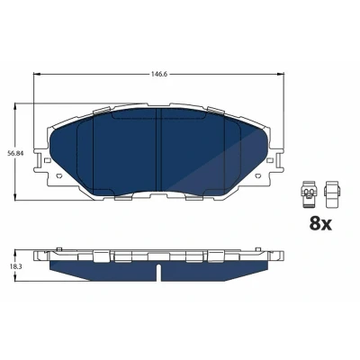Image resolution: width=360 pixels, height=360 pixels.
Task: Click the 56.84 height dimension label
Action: (x=15, y=153)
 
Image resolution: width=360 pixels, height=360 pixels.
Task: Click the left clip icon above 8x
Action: (x=307, y=194)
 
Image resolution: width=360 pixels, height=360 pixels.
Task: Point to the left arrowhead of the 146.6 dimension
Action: (x=36, y=74)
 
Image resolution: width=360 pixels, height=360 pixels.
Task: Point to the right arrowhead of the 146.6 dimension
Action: (x=281, y=74)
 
